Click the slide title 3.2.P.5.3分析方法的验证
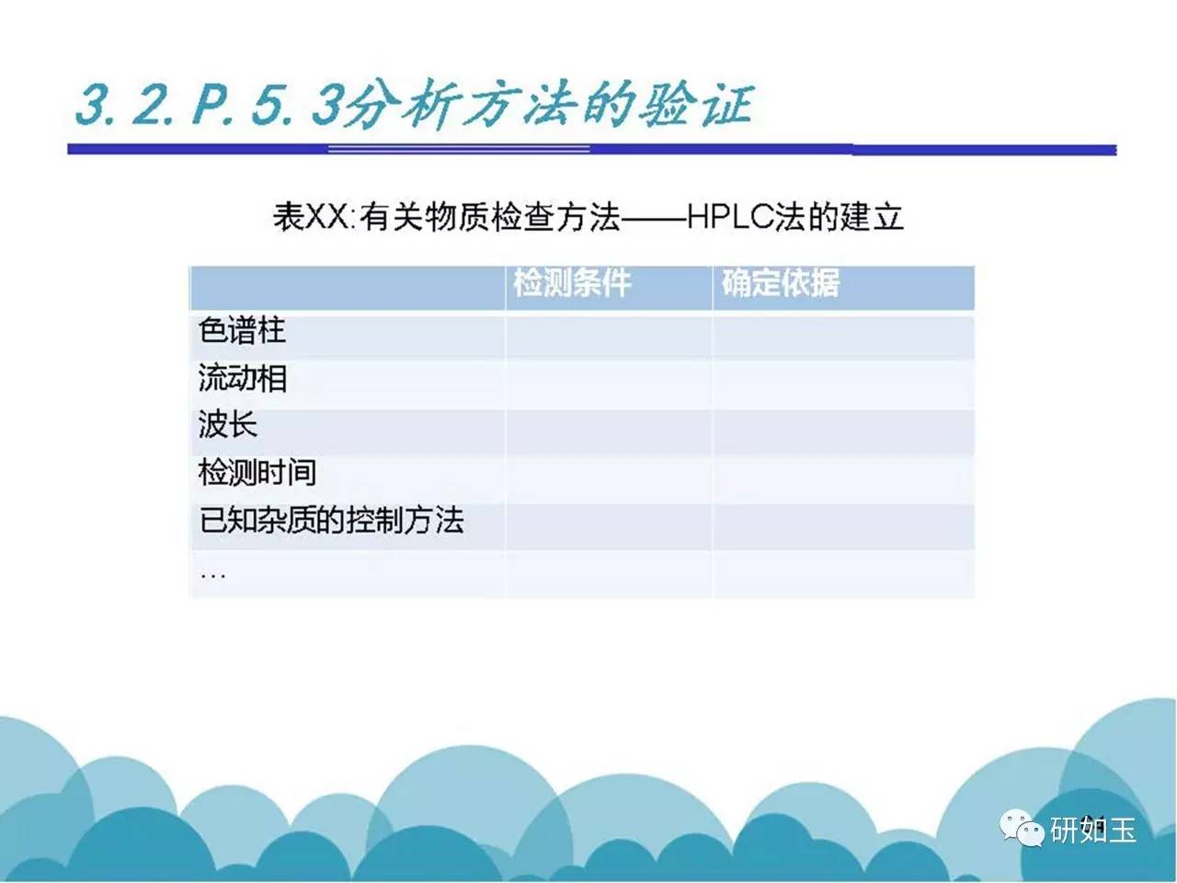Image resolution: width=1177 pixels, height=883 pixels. tap(414, 104)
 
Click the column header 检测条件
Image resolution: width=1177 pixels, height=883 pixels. tap(572, 282)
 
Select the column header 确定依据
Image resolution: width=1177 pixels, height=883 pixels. tap(780, 282)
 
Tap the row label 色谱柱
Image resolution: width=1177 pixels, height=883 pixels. tap(242, 329)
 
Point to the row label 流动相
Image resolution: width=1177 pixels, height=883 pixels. tap(243, 377)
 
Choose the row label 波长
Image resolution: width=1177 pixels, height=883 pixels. tap(228, 425)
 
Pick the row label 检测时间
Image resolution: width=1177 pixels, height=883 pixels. tap(257, 473)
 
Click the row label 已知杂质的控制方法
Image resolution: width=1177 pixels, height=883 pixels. tap(331, 520)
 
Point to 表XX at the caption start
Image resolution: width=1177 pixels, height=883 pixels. tap(311, 216)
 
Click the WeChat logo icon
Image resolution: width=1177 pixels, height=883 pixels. tap(1022, 829)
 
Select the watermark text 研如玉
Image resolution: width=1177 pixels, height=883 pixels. tap(1092, 830)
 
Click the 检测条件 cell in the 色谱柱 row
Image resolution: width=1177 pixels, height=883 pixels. tap(609, 338)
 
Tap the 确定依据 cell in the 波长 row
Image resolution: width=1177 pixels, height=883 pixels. tap(844, 432)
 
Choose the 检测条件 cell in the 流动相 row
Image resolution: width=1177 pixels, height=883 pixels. tap(609, 384)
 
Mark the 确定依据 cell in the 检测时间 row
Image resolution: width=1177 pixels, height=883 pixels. tap(844, 479)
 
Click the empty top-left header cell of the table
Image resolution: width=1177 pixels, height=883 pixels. tap(348, 288)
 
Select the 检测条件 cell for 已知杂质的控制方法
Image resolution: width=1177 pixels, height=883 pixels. tap(609, 527)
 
